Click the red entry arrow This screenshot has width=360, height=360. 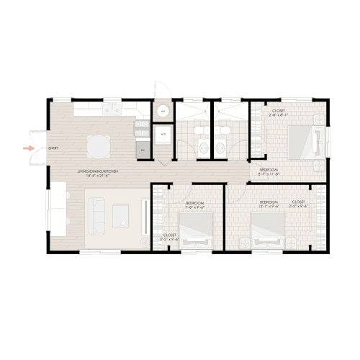28,148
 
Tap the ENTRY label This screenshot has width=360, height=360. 53,148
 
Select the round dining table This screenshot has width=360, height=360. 99,146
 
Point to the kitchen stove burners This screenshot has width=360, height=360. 140,130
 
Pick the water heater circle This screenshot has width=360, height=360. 163,112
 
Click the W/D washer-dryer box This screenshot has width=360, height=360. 163,134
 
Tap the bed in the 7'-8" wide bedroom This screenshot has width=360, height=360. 197,233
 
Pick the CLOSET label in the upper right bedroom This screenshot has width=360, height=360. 279,111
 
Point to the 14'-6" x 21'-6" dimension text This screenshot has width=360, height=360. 98,175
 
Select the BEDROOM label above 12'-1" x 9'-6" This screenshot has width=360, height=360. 269,202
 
